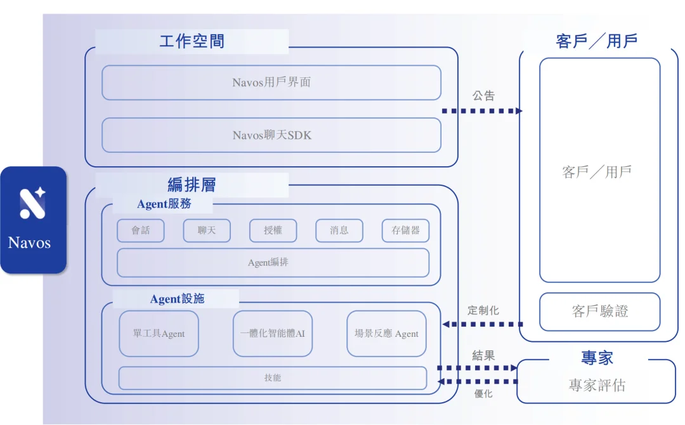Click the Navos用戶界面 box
pos(271,82)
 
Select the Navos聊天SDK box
pos(271,135)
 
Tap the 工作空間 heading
pos(192,42)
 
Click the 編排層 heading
pos(192,185)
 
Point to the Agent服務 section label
pos(164,204)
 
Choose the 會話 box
pos(141,231)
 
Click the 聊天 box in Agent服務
pos(207,231)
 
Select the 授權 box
pos(273,231)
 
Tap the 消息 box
pos(339,231)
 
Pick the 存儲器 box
pos(405,231)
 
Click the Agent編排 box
pos(273,263)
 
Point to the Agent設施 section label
pos(177,299)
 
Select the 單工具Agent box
pos(159,334)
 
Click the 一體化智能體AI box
pos(273,334)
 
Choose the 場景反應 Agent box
pos(386,334)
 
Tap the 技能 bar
pos(273,378)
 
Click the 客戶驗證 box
pos(599,311)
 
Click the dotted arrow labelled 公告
pos(482,111)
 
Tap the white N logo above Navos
pos(32,202)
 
